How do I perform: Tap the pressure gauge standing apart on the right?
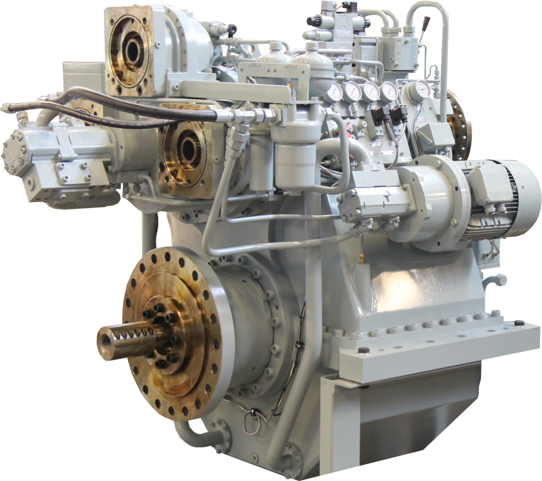point(421,90)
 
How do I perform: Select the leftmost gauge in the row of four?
point(334,92)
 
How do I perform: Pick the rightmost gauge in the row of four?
point(389,91)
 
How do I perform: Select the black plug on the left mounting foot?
point(363,350)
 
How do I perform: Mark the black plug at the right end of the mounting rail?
point(519,323)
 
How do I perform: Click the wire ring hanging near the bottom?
point(252,420)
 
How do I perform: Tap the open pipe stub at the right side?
point(500,280)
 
